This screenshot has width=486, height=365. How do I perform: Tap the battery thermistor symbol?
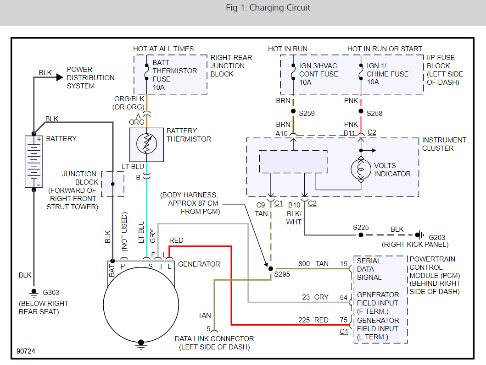coord(146,145)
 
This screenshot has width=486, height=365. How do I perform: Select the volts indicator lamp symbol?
coord(361,169)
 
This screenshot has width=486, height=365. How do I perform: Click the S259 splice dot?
coord(293,111)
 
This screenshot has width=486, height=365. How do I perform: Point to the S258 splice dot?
coord(361,111)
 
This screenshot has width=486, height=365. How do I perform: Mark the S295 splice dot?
coord(270,268)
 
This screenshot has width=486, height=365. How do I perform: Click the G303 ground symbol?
coord(33,292)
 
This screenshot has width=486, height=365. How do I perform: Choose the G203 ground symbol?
coord(419,234)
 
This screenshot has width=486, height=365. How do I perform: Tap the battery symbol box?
coord(33,161)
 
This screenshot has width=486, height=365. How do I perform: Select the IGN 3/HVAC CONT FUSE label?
coord(318,74)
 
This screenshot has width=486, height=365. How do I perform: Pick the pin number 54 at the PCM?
coord(343,297)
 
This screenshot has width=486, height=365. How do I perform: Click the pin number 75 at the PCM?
coord(343,320)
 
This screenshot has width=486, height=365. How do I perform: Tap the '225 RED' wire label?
coord(313,320)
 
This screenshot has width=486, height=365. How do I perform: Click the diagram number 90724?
coord(26,351)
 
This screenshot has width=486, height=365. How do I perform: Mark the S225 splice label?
coord(361,227)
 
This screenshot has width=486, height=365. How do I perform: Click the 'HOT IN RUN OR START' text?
coord(385,49)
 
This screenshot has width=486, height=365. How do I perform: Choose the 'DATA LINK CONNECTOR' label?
coord(214,339)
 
